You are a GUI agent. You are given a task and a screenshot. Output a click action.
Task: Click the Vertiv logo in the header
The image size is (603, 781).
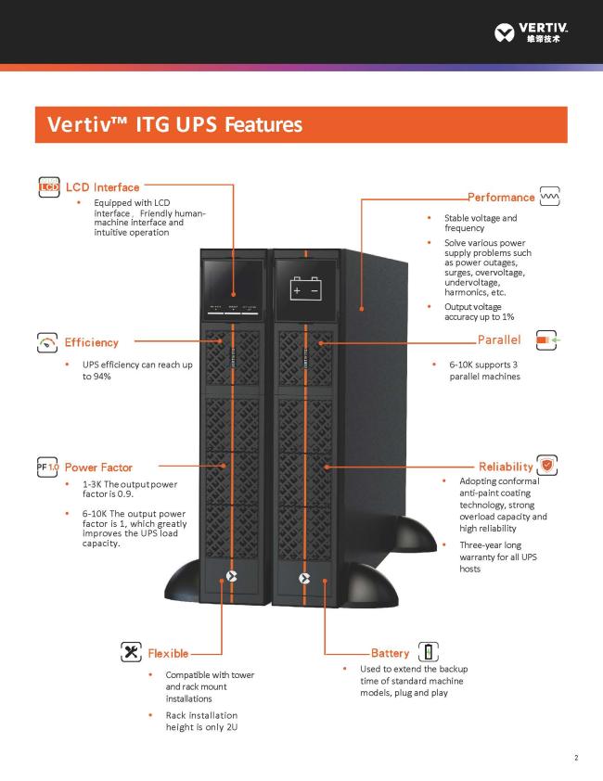(532, 32)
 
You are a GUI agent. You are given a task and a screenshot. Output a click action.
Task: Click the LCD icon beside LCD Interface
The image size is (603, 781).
(49, 187)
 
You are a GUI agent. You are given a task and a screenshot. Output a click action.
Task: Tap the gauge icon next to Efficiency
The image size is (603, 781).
(46, 342)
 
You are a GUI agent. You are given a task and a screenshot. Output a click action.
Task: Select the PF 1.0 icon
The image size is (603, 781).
(47, 467)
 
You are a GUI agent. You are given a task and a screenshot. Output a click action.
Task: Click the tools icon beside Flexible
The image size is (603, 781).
(131, 652)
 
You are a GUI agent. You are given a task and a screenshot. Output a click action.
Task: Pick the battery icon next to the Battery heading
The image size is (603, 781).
(428, 652)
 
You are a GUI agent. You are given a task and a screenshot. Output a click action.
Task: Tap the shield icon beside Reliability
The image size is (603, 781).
(547, 466)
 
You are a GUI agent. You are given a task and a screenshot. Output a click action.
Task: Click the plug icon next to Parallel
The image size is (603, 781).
(547, 339)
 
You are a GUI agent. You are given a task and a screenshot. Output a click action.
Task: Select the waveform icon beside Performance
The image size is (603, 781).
(550, 197)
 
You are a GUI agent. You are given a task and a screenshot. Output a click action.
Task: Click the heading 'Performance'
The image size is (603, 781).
(501, 198)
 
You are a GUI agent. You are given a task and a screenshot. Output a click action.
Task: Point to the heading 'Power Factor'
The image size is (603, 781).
(98, 467)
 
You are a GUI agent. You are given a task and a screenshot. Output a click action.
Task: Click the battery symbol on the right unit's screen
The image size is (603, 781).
(305, 288)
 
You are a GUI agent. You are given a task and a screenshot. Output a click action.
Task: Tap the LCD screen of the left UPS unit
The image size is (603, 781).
(233, 288)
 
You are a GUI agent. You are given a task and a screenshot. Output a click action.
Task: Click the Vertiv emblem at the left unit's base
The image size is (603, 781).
(231, 576)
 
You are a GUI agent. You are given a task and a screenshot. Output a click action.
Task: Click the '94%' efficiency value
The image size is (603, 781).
(102, 377)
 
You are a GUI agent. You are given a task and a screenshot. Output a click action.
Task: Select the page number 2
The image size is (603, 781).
(577, 758)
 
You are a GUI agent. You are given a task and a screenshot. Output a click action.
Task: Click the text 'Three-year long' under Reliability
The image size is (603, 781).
(491, 545)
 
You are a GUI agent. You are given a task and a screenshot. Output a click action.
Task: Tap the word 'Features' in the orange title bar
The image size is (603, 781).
(263, 124)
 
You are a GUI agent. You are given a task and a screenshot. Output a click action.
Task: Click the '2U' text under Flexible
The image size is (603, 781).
(231, 727)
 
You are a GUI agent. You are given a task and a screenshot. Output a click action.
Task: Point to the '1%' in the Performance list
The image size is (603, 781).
(507, 317)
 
